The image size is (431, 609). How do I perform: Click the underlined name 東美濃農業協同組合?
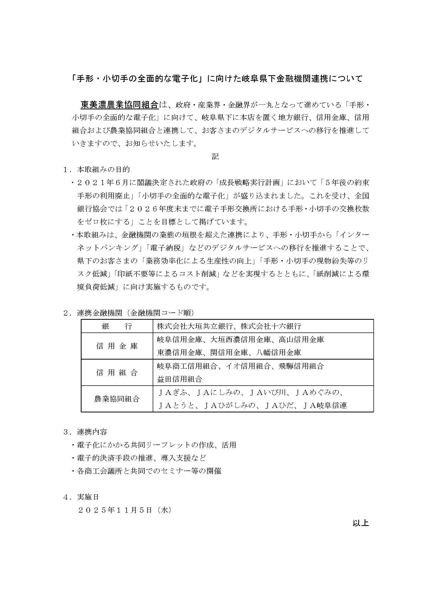pyautogui.click(x=119, y=105)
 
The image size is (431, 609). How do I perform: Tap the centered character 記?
pyautogui.click(x=215, y=156)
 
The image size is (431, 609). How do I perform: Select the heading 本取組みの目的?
pyautogui.click(x=103, y=169)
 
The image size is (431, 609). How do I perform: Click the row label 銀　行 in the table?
pyautogui.click(x=117, y=326)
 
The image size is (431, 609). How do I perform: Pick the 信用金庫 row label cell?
pyautogui.click(x=117, y=346)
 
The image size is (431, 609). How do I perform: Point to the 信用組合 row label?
pyautogui.click(x=117, y=372)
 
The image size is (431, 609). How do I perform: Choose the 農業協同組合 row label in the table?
pyautogui.click(x=117, y=399)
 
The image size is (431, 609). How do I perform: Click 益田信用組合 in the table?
pyautogui.click(x=180, y=379)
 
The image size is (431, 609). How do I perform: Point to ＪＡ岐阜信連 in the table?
pyautogui.click(x=325, y=405)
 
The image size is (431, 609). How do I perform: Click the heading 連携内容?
pyautogui.click(x=92, y=432)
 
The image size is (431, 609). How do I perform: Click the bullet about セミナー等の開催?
pyautogui.click(x=149, y=471)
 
